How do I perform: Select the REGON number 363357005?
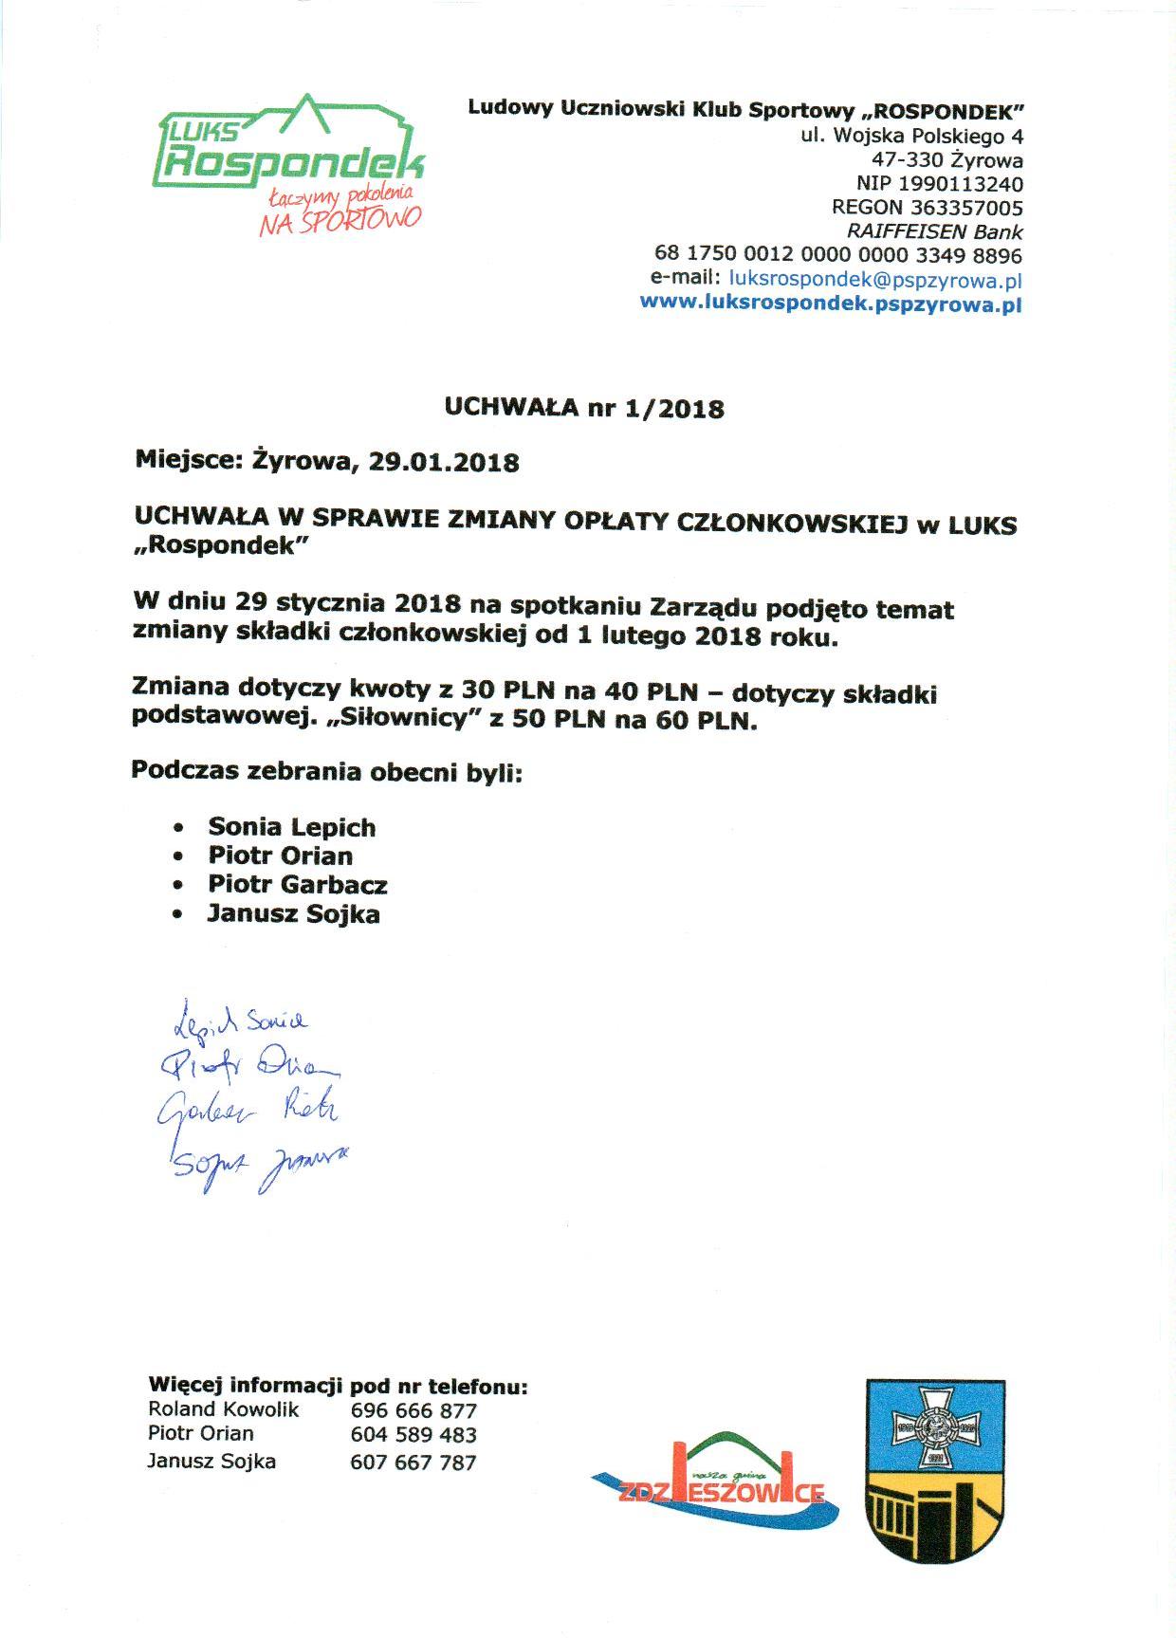(966, 208)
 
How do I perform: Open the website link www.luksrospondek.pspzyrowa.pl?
(831, 304)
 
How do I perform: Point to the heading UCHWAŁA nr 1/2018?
(584, 409)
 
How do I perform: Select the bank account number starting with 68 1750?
(837, 256)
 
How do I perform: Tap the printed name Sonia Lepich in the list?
(292, 827)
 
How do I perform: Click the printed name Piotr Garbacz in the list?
(298, 885)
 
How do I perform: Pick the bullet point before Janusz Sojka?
(178, 915)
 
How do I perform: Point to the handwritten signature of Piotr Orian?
(252, 1069)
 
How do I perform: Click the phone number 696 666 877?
(413, 1411)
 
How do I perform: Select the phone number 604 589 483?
(413, 1435)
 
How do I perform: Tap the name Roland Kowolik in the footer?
(223, 1409)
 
